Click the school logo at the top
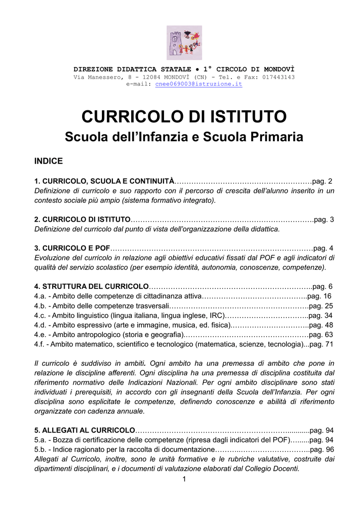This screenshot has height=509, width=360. tap(184, 43)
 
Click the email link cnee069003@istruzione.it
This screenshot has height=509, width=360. tap(199, 85)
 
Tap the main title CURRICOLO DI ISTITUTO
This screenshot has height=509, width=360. tap(184, 117)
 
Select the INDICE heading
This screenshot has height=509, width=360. tap(48, 161)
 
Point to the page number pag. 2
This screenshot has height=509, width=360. tap(322, 181)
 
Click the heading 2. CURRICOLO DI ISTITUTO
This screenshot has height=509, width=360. tap(83, 220)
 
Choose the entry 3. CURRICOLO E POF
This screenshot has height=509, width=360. tap(72, 248)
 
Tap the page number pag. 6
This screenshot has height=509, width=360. tap(322, 286)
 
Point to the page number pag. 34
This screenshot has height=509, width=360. tap(321, 315)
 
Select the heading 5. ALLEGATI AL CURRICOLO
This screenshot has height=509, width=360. tap(85, 430)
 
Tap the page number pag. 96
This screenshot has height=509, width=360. tap(322, 449)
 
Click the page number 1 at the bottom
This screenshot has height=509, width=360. tap(184, 479)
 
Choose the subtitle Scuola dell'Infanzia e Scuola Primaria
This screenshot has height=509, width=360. tap(184, 137)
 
